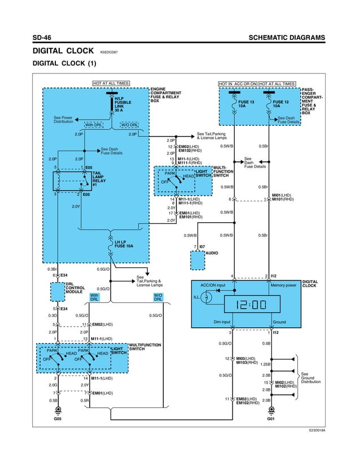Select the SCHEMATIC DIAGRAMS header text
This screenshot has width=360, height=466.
pos(287,38)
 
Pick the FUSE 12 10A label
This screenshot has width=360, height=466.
pos(280,104)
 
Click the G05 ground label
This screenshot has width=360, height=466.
pos(57,419)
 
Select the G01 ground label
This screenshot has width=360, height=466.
pos(271,419)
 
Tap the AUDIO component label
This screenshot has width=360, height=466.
pos(212,253)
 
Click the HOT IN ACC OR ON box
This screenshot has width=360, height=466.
pos(238,83)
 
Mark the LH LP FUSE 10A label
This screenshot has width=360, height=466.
pos(123,244)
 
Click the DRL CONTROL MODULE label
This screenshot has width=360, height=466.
pos(75,288)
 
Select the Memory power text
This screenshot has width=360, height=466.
pos(283,285)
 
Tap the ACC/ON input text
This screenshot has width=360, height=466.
pos(213,285)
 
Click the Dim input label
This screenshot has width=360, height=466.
pos(222,322)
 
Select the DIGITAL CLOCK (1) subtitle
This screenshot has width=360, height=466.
pos(65,63)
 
